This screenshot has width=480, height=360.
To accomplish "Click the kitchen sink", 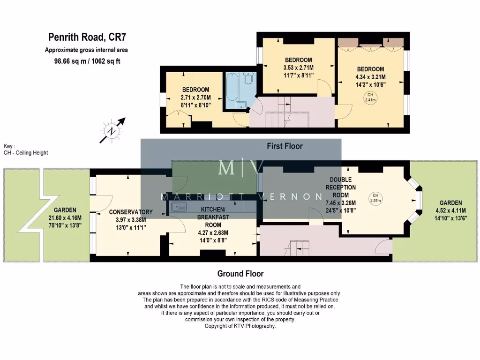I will pos(180,207).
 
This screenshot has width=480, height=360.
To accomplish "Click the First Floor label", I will pos(285,146).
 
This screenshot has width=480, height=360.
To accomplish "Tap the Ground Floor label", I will pos(240,274).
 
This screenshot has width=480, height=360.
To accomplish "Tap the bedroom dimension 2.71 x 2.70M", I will pos(195,98).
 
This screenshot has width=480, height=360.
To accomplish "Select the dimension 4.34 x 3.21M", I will pos(370,77).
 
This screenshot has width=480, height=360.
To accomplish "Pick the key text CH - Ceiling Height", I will pos(26,153).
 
